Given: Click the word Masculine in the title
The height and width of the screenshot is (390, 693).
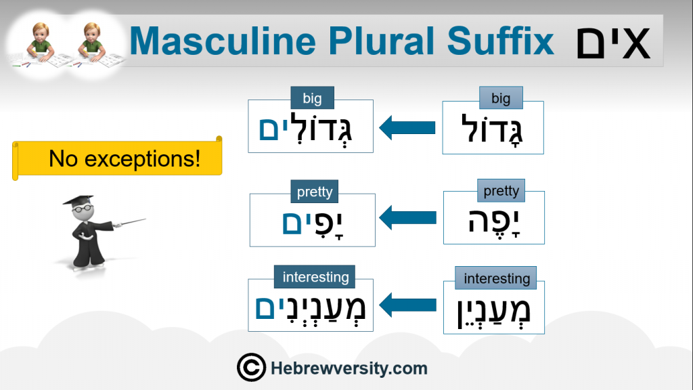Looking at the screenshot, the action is coord(223,41).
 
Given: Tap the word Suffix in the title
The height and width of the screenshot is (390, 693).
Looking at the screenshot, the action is coord(500,41).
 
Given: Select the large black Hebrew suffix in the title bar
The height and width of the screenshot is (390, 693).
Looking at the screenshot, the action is coord(613,43).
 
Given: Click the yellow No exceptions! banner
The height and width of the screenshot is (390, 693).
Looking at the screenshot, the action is coord(117,158).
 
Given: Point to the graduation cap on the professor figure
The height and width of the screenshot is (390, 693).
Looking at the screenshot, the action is coord(79,200).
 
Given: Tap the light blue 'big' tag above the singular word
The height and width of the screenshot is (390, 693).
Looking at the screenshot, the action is coord(501,98).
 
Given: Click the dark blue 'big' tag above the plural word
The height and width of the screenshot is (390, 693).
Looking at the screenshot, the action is coord(312,98).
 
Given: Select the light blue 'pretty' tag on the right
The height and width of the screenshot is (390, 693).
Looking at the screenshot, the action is coord(501,190).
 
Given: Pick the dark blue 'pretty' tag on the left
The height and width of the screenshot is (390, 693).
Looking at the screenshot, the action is coord(314,192).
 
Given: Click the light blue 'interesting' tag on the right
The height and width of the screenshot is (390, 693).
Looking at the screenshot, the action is coord(496,278).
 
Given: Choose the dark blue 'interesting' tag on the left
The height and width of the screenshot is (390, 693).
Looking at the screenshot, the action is coord(315,277).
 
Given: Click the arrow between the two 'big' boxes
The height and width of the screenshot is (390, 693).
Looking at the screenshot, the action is coord(407,128).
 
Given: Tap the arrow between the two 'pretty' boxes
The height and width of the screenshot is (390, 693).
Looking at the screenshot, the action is coord(407,217).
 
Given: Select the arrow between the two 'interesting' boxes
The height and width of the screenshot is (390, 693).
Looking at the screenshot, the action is coord(407,305).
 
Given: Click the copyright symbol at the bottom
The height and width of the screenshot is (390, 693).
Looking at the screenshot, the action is coord(251,368).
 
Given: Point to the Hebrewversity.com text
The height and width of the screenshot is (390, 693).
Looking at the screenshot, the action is coord(349,368).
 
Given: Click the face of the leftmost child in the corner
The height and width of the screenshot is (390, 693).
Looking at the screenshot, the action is coord(41,34).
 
